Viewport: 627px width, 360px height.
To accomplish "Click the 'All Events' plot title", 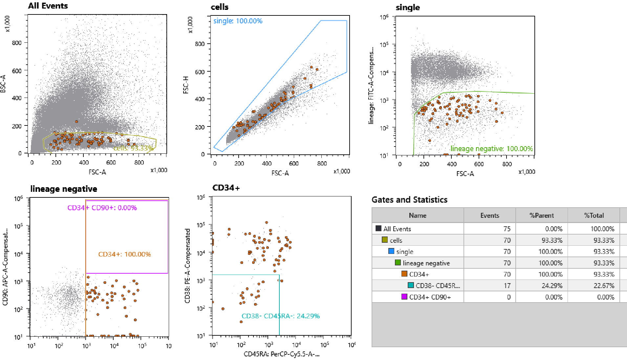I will coord(48,6).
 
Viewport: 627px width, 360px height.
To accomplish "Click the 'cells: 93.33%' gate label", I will coord(133,148).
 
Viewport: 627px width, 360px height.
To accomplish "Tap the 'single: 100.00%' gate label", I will coord(238,21).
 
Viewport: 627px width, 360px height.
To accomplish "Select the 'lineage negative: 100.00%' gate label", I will coord(491,149).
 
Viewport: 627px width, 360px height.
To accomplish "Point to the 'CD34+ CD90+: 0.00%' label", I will coord(102,208).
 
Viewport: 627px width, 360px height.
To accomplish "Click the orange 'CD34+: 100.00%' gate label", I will coord(124,254).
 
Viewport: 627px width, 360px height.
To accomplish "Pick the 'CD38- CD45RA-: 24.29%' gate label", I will coord(280,316).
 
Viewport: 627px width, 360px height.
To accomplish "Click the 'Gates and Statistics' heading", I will coord(409,200).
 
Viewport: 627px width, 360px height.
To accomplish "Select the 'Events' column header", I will coord(489,215).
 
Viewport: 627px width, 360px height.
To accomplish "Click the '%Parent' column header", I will coord(541,215).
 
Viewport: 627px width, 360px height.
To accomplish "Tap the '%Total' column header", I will coord(594,215).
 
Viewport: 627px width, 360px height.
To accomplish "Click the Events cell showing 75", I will coord(507,229).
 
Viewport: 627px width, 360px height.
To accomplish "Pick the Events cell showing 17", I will coord(507,286).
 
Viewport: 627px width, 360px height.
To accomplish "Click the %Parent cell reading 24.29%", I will coord(552,286).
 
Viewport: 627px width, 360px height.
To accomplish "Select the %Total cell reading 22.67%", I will coord(604,286).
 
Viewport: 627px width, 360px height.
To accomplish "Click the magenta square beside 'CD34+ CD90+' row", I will coord(404,297).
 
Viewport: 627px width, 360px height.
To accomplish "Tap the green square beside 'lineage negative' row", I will coord(398,262).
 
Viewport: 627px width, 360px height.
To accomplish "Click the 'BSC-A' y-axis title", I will coord(3,84).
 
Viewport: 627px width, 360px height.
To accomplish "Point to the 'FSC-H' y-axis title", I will coord(186,85).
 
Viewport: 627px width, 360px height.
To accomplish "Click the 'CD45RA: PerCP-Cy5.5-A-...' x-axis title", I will coord(281,354).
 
